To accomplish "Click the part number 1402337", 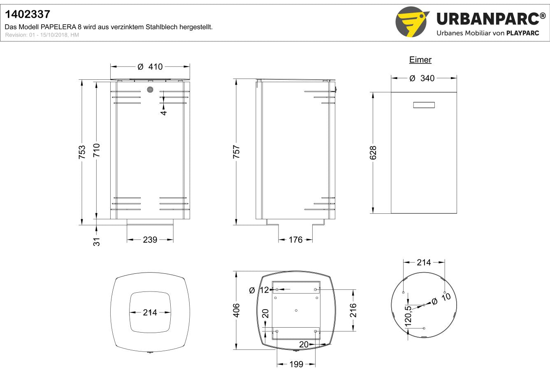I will [28, 14].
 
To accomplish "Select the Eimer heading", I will [420, 60].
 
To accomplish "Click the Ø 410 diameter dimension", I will [150, 67].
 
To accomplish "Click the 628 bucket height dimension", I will [373, 153].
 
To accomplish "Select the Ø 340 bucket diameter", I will [422, 78].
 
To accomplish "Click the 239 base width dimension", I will [150, 240].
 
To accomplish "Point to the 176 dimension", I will [295, 240].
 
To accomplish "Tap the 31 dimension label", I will [97, 242].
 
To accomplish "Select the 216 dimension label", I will [353, 310].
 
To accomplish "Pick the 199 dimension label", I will [296, 364].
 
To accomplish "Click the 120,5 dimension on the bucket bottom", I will [408, 317].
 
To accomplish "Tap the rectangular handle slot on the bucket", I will [424, 105].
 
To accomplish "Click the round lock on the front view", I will [150, 90].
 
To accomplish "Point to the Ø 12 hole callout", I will [259, 290].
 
